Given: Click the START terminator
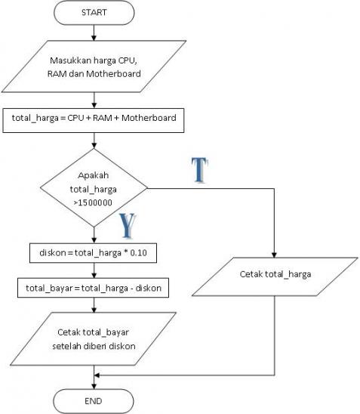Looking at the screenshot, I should tap(94, 12).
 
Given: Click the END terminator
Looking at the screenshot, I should tap(94, 400).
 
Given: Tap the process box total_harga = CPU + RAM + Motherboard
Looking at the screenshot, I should tap(94, 119).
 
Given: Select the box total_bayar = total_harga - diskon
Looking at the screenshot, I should tap(94, 288).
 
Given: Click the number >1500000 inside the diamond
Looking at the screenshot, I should tap(94, 203).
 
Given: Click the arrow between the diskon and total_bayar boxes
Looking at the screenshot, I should tap(94, 271).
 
